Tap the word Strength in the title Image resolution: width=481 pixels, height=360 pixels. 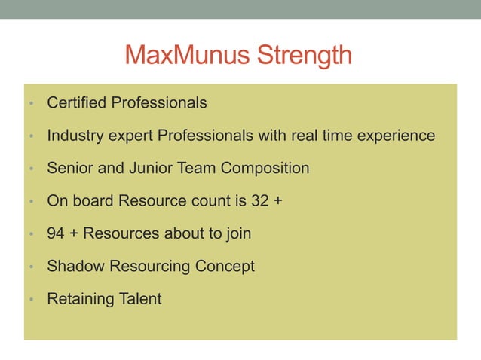point(305,56)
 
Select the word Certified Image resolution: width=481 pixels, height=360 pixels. point(77,102)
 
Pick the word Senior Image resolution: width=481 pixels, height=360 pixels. point(70,168)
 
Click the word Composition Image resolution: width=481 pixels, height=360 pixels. point(265,168)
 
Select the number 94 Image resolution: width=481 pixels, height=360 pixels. point(56,233)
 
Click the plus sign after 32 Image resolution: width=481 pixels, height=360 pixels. point(278,201)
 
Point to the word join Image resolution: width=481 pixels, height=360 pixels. point(237,233)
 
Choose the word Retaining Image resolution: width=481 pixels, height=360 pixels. point(79,299)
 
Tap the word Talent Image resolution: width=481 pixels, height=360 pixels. point(140,299)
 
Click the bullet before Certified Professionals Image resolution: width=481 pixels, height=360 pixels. point(29,104)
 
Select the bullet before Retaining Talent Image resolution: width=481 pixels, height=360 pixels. point(29,301)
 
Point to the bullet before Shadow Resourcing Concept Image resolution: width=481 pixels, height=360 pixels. point(29,267)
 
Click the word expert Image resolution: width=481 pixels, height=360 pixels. point(132,136)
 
